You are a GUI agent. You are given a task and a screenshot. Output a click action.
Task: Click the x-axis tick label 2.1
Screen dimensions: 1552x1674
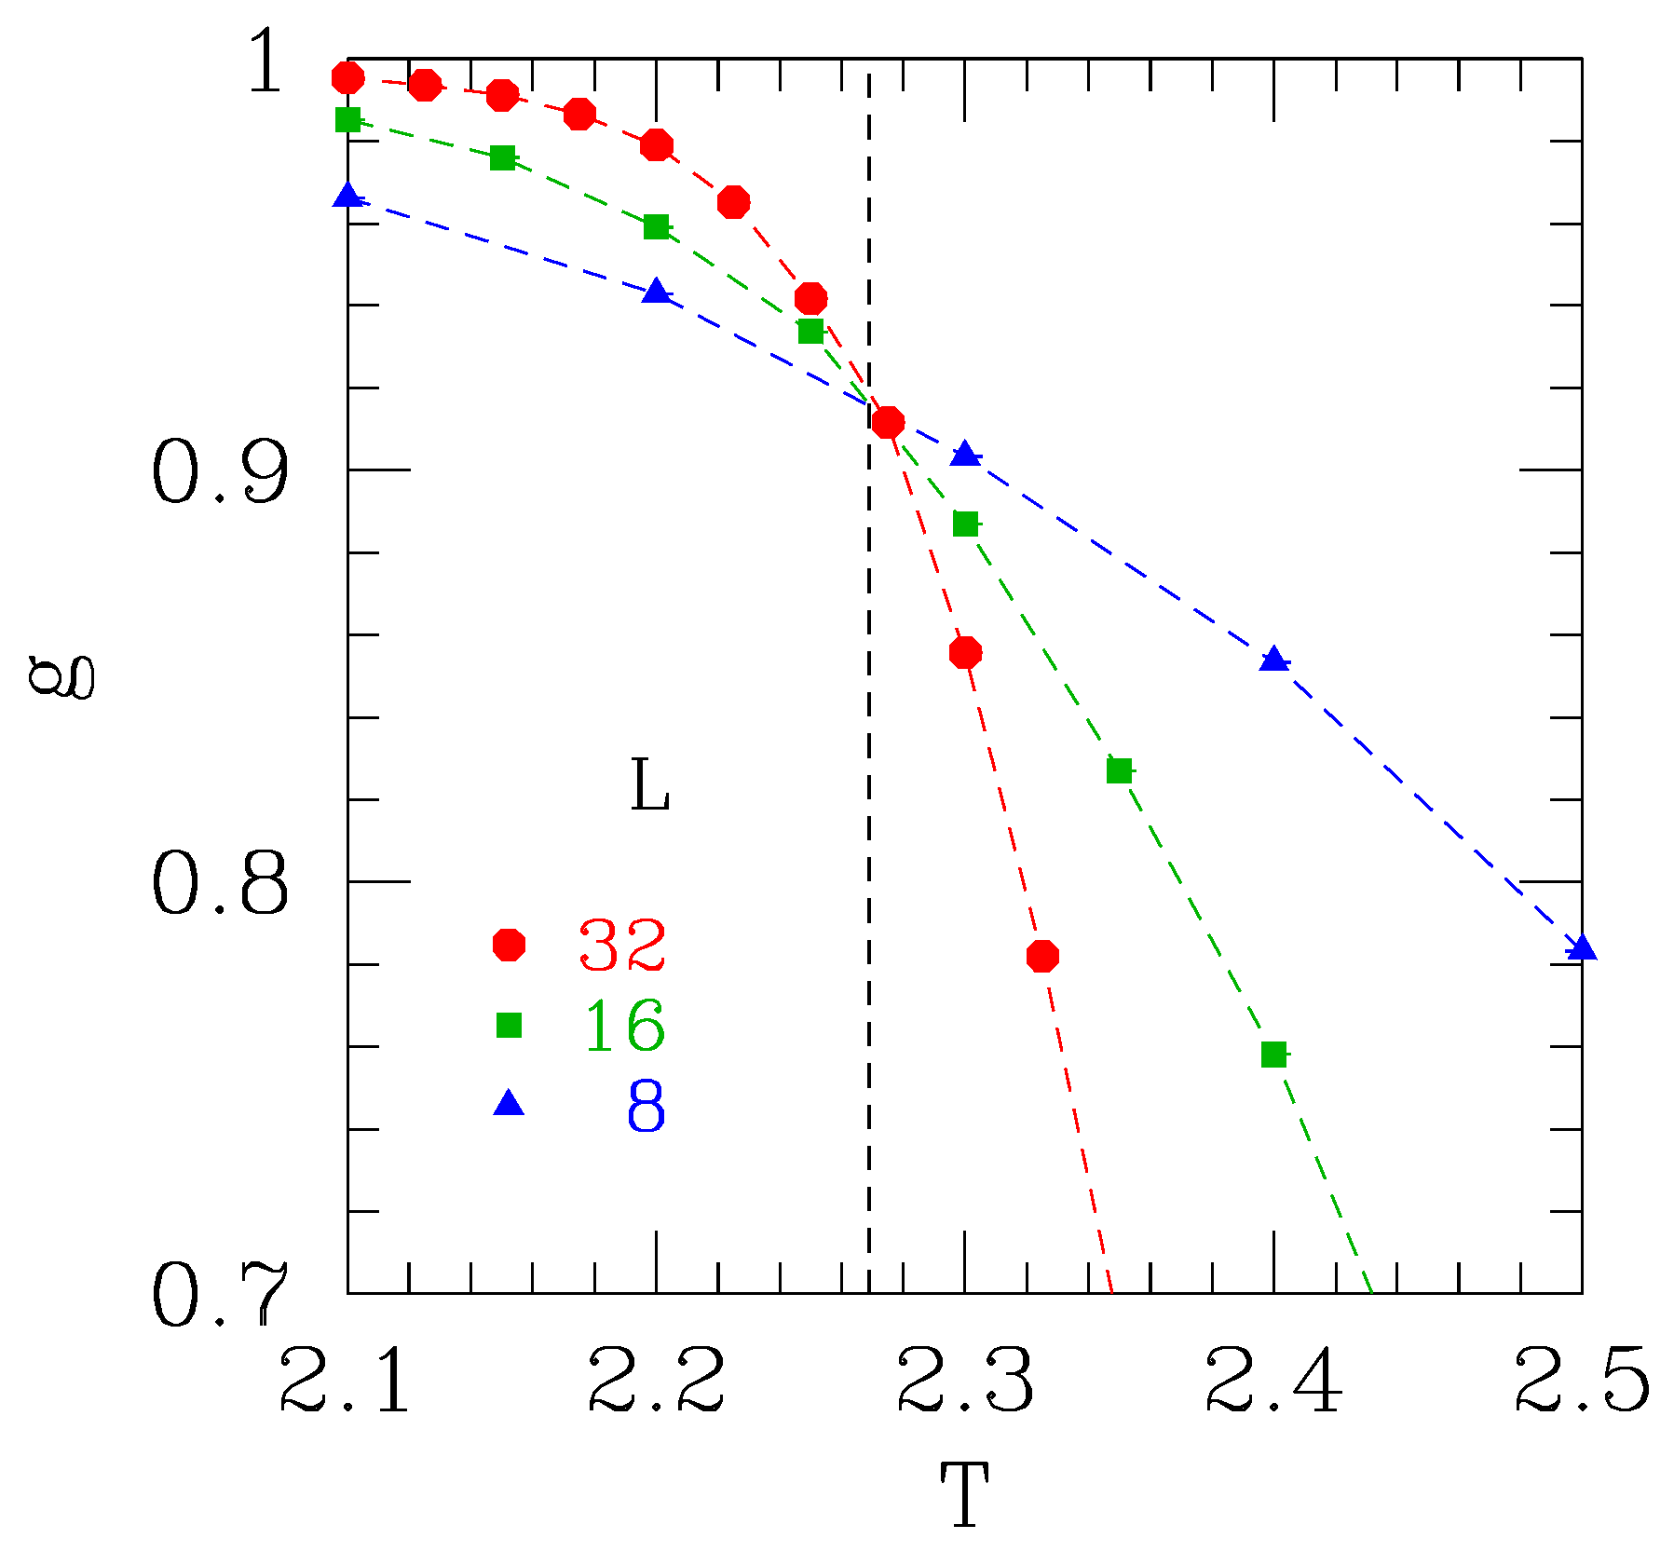click(x=345, y=1380)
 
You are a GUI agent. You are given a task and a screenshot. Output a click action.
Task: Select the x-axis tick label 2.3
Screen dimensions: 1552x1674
click(x=965, y=1380)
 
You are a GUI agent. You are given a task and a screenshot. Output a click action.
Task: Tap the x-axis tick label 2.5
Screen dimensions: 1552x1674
click(x=1582, y=1380)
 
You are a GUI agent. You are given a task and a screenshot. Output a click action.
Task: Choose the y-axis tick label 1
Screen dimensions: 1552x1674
click(x=265, y=61)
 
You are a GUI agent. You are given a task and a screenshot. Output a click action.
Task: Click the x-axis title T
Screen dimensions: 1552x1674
click(x=964, y=1494)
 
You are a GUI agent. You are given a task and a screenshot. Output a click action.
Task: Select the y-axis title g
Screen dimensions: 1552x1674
click(x=61, y=675)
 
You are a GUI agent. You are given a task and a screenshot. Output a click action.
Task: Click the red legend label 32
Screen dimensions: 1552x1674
click(x=622, y=945)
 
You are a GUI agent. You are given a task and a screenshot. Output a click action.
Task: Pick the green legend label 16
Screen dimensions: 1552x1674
click(x=624, y=1025)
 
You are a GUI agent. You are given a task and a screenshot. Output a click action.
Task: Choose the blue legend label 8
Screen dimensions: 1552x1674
click(x=646, y=1106)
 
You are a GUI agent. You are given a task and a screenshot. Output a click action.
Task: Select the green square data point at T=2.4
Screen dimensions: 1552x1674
click(x=1273, y=1055)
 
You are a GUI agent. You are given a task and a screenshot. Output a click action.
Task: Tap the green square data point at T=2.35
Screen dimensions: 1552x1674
click(x=1119, y=771)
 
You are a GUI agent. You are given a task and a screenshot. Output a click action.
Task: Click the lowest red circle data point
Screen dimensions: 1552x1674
click(x=1042, y=956)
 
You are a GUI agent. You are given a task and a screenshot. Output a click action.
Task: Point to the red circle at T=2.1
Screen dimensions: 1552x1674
click(x=348, y=77)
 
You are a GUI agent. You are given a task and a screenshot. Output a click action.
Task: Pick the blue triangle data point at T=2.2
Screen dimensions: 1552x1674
click(x=657, y=291)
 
